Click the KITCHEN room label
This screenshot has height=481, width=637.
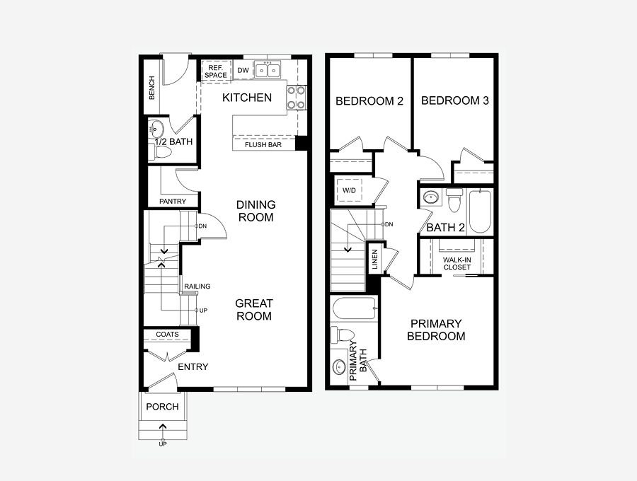(247, 98)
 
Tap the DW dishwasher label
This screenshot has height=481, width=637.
(243, 70)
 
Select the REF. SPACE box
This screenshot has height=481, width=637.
(216, 71)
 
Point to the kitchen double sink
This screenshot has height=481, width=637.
(268, 71)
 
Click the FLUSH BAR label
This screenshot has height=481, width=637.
(263, 144)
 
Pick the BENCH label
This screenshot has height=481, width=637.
(152, 87)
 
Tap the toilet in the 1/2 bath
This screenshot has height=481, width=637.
(162, 152)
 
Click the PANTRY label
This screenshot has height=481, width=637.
(173, 202)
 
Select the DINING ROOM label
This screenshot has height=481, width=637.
(256, 211)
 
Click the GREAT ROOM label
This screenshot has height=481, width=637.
(254, 310)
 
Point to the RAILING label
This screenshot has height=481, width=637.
(197, 286)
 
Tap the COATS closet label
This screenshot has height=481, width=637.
(167, 334)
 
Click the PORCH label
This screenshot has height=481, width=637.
(163, 407)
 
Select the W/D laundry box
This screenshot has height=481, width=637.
(349, 190)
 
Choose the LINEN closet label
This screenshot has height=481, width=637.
(374, 260)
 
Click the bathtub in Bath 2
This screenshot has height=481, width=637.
(480, 211)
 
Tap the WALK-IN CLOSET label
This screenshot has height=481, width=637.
(457, 263)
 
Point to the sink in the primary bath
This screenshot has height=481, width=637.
(339, 367)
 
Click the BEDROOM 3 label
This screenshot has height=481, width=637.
(455, 100)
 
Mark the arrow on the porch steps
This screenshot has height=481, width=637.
(163, 427)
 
